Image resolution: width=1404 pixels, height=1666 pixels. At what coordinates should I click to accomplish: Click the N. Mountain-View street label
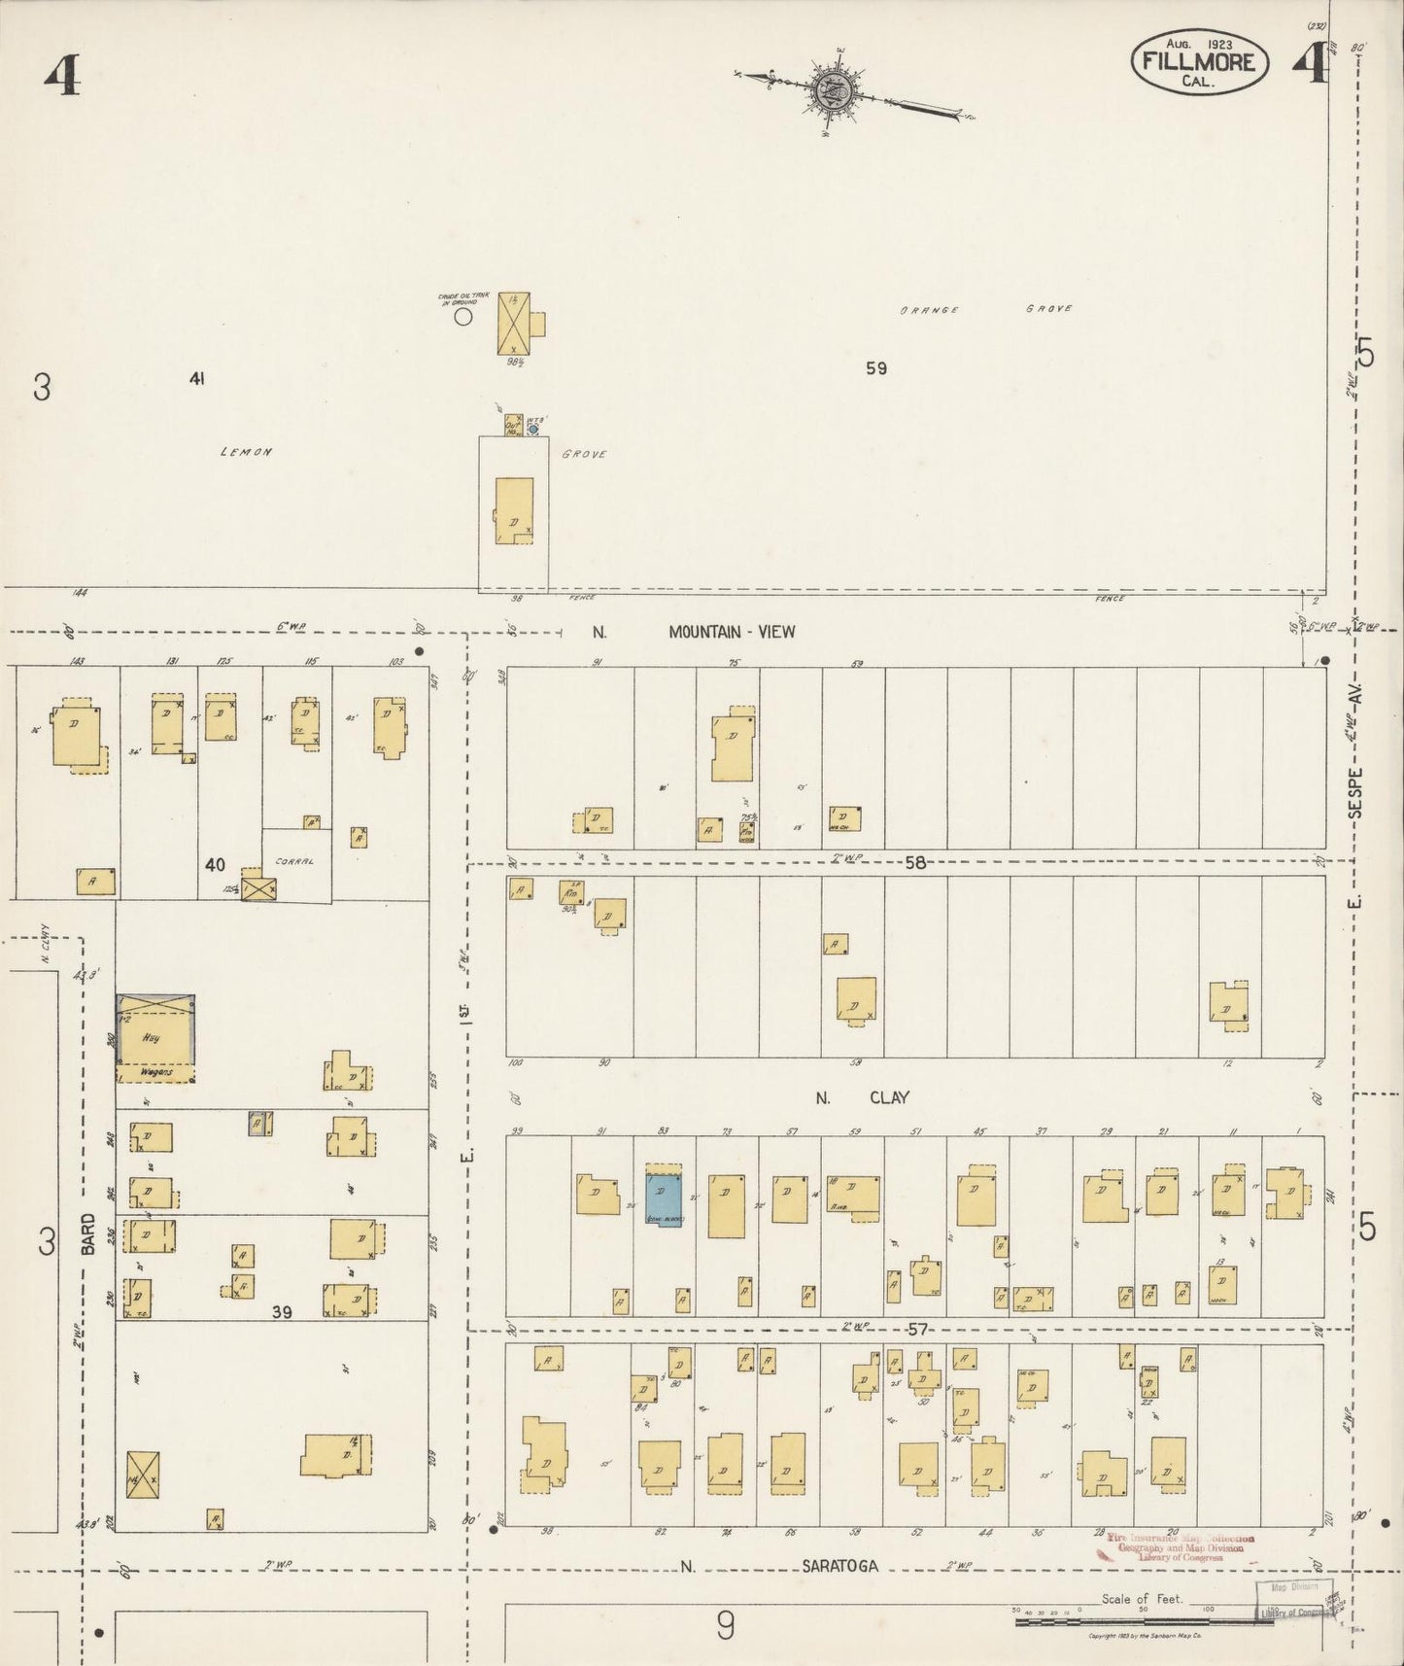(695, 632)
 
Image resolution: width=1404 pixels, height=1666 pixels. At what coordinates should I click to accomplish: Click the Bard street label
(88, 1233)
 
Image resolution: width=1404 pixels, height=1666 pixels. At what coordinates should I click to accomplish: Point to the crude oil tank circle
(464, 315)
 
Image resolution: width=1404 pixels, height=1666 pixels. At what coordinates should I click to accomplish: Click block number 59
(876, 368)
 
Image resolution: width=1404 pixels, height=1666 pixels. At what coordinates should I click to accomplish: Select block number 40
(215, 863)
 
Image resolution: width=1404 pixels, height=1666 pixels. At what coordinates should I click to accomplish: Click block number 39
(282, 1312)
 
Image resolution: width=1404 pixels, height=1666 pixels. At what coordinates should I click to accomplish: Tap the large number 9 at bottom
(725, 1627)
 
